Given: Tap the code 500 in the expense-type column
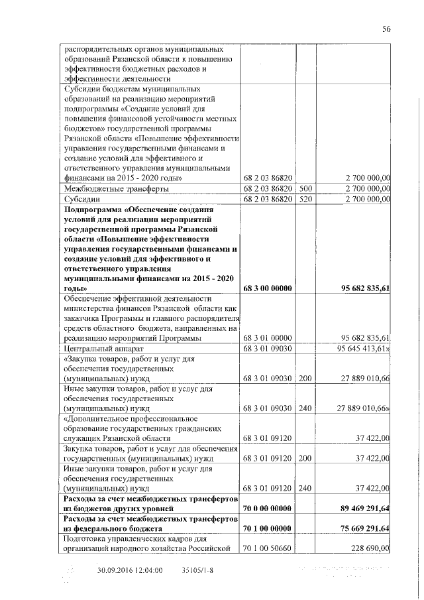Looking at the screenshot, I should (305, 188).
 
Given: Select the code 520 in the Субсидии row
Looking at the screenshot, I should (305, 198).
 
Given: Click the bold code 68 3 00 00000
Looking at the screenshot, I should (268, 289).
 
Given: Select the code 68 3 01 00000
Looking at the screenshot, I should (268, 337).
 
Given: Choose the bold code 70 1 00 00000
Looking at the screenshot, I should (268, 529).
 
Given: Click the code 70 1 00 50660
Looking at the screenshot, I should (268, 548).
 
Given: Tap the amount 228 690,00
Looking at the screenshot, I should (367, 548).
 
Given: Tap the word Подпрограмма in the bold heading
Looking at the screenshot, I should (93, 210).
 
